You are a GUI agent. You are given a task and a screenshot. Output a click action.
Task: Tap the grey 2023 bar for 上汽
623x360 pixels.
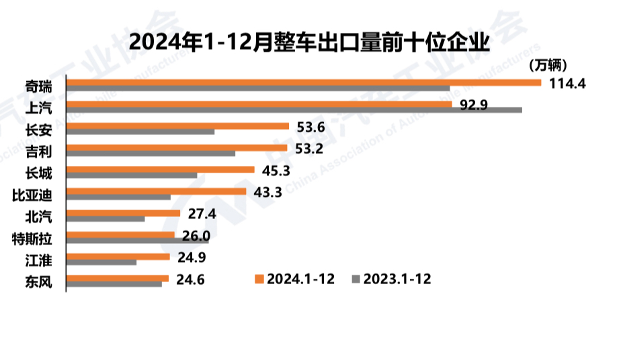(x=294, y=110)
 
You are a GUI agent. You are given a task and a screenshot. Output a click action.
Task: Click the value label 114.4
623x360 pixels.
(x=568, y=83)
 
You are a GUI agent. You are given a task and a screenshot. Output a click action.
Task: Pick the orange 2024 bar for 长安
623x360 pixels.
(x=178, y=126)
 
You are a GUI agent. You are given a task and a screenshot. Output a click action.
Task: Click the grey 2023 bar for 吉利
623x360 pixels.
(x=151, y=154)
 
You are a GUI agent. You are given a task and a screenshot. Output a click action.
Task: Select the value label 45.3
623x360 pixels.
(x=276, y=170)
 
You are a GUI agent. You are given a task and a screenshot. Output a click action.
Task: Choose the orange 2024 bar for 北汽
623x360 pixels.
(x=124, y=213)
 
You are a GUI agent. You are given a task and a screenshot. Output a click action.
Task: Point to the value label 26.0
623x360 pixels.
(x=196, y=236)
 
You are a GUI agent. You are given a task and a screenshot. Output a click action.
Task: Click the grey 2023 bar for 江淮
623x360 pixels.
(x=101, y=263)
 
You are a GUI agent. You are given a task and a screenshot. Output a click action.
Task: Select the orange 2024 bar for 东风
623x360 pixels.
(x=118, y=278)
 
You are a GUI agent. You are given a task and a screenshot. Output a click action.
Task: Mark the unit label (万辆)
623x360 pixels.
(x=549, y=65)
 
